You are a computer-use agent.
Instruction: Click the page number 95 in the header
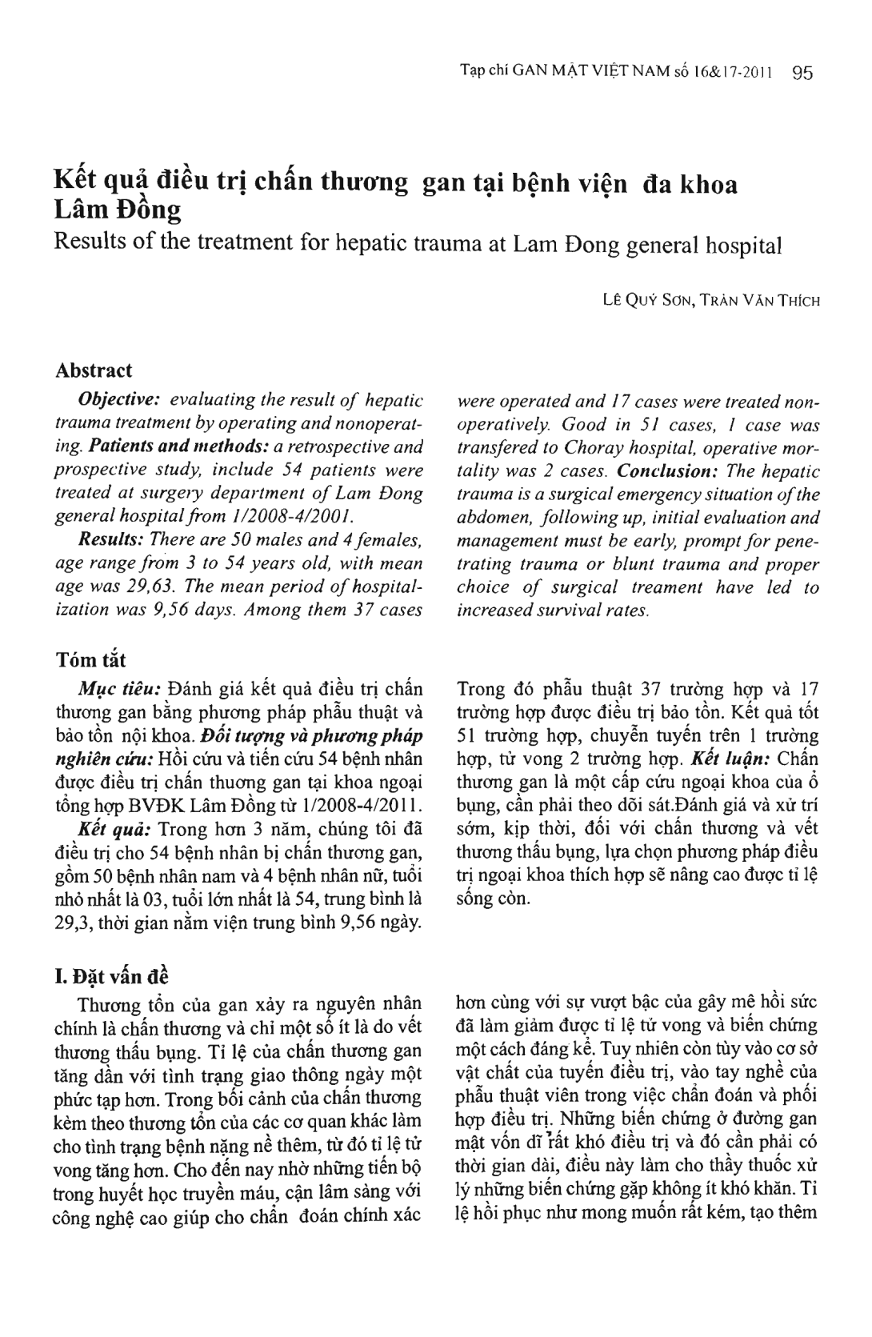click(802, 74)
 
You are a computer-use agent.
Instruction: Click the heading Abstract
click(94, 370)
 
